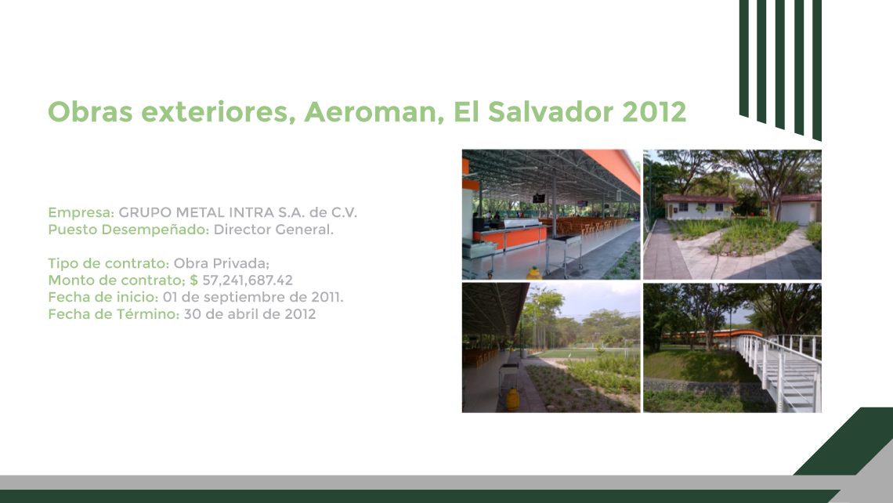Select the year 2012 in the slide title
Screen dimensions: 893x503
(x=654, y=112)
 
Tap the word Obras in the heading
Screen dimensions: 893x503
(x=90, y=112)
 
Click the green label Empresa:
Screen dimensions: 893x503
(x=81, y=212)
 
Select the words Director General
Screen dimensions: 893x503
(x=273, y=230)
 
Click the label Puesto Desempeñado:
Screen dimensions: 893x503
(x=128, y=230)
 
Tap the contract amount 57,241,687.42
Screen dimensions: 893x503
(x=248, y=280)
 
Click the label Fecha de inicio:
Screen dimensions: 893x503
(x=103, y=297)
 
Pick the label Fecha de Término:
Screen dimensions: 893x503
(x=114, y=314)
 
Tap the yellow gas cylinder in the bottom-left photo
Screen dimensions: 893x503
(x=512, y=400)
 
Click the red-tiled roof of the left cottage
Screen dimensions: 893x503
(x=698, y=198)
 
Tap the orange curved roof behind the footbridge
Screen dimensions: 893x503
(x=712, y=334)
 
